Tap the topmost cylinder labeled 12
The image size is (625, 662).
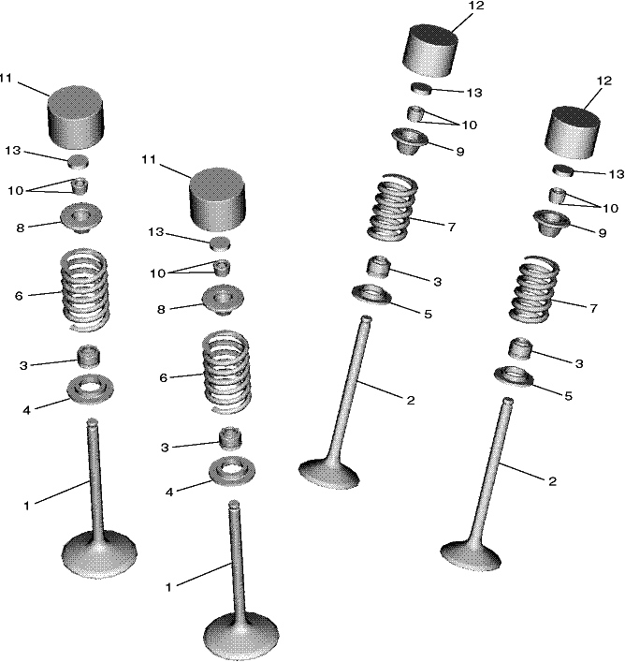point(430,51)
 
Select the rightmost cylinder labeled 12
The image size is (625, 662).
point(573,133)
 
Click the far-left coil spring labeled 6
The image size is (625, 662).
point(86,290)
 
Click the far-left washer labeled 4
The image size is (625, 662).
point(91,389)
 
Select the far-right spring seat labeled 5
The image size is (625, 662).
point(514,375)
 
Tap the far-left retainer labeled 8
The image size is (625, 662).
point(81,218)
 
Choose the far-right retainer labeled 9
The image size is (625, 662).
point(551,223)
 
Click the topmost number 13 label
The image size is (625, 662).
point(474,93)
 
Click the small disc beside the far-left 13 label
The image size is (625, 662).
point(79,161)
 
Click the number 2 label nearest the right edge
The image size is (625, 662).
point(552,481)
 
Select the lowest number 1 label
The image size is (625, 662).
point(168,587)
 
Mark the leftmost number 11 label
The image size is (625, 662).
point(6,79)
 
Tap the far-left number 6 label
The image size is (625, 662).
point(19,296)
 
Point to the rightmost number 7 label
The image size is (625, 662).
point(594,308)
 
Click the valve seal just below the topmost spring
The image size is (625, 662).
point(378,267)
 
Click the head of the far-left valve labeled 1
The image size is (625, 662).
point(99,554)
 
